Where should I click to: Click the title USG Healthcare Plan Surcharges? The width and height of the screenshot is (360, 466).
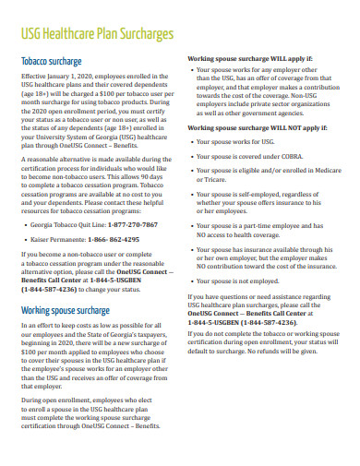pos(97,34)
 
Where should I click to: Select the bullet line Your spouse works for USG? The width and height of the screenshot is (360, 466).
pos(236,142)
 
